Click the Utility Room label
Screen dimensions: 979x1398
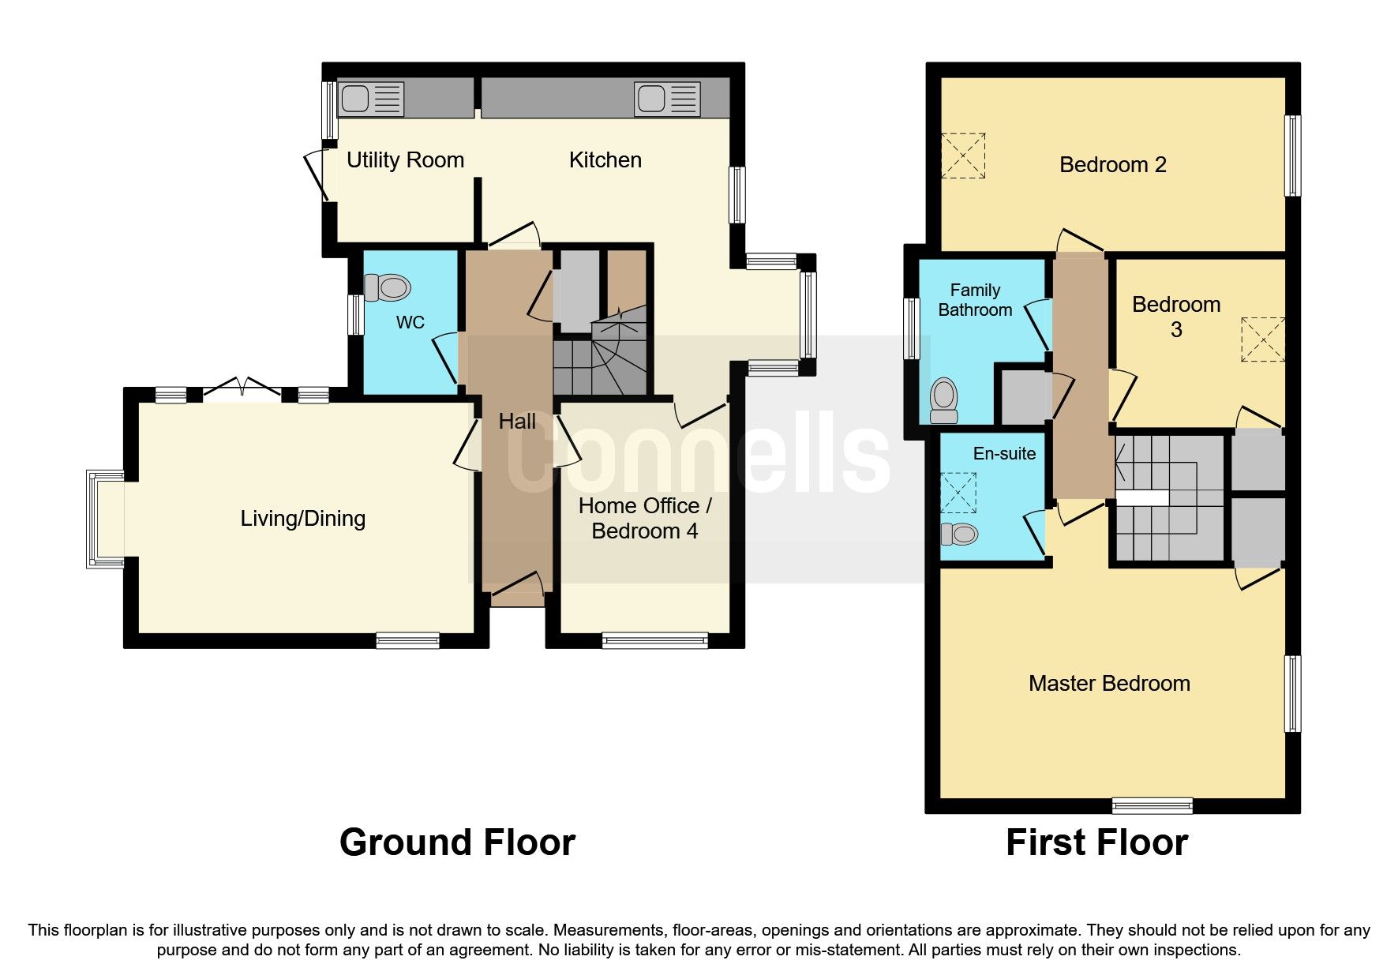coord(405,160)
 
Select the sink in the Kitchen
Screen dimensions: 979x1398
coord(667,99)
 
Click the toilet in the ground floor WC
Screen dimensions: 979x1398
coord(387,287)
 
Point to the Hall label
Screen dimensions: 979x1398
coord(517,422)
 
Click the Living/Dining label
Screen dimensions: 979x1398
coord(302,519)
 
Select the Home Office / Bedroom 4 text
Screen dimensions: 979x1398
coord(644,518)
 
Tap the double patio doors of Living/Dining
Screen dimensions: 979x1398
coord(242,392)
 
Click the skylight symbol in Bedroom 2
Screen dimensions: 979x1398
coord(963,156)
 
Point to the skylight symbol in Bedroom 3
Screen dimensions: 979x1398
coord(1262,339)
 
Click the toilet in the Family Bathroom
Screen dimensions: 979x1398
coord(944,400)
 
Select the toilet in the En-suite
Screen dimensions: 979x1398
coord(960,535)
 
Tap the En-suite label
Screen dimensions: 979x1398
coord(1004,454)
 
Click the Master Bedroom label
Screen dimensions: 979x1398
coord(1109,684)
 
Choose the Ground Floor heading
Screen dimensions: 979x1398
coord(457,842)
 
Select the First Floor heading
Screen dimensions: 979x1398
coord(1096,842)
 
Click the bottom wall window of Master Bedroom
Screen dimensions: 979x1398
coord(1152,805)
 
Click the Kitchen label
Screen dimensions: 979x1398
coord(605,160)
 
